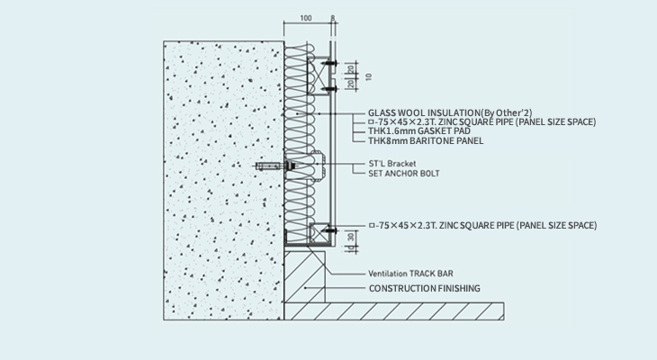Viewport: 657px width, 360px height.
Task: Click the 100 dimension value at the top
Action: tap(306, 18)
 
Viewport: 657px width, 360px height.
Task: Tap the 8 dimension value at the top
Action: tap(333, 18)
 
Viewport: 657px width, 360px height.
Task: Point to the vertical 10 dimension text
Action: tap(368, 76)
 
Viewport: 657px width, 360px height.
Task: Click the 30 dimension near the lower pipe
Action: tap(351, 237)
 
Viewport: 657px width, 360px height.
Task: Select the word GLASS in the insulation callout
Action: tap(382, 112)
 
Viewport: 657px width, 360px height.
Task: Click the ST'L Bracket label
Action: tap(392, 164)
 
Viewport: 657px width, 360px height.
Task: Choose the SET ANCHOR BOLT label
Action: tap(404, 173)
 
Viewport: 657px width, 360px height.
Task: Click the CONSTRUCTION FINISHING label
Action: tap(425, 288)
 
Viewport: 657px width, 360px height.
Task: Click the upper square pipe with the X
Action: tap(318, 76)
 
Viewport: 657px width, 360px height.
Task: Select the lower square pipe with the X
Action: tap(319, 233)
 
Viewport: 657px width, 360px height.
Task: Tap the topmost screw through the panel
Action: tap(329, 63)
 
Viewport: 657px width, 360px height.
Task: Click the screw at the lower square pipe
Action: tap(330, 230)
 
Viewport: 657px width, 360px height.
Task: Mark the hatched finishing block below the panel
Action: tap(304, 277)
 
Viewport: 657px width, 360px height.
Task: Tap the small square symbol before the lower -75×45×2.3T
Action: tap(371, 226)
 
